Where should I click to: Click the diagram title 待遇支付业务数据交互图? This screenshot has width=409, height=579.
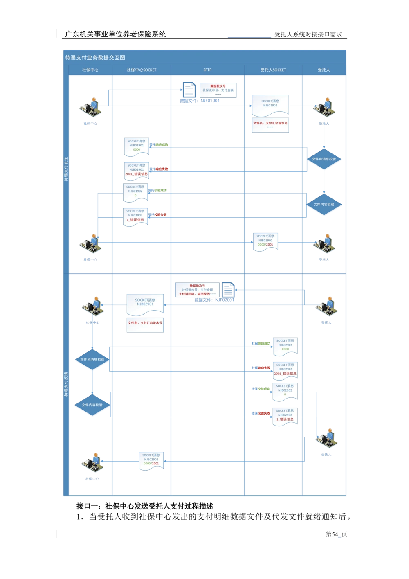click(95, 58)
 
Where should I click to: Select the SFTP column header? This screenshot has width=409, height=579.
click(207, 70)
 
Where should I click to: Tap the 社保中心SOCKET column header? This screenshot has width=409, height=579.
click(142, 70)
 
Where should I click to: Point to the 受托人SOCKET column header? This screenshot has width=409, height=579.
click(273, 70)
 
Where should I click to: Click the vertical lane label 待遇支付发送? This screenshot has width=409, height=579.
click(67, 169)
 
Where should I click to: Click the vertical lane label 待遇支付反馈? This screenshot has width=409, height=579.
click(67, 385)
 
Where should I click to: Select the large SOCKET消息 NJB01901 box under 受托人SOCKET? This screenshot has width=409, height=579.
click(270, 104)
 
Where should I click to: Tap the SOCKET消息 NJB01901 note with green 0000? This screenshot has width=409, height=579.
click(136, 146)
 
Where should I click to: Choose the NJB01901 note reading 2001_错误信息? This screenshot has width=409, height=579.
click(136, 170)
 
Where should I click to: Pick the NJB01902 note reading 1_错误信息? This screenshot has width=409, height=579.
click(135, 216)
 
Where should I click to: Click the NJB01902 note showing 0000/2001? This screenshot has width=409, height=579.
click(265, 241)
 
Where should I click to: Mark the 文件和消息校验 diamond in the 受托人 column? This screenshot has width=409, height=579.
click(324, 159)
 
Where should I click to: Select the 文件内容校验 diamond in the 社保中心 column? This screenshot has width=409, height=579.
click(92, 405)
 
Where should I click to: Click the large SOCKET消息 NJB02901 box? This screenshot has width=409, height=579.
click(145, 304)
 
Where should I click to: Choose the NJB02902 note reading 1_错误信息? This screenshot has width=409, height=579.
click(285, 416)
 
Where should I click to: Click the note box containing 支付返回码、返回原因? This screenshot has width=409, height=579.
click(197, 290)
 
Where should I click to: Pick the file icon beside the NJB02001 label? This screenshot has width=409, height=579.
click(228, 289)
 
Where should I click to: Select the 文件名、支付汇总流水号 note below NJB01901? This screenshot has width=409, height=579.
click(270, 124)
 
